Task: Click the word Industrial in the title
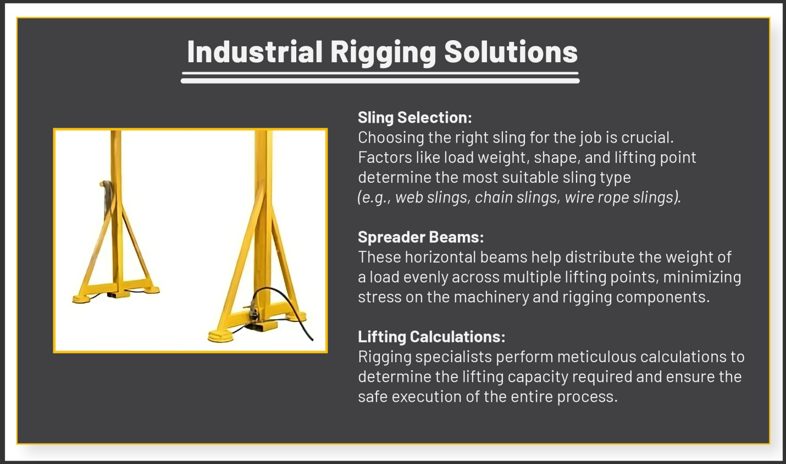pyautogui.click(x=254, y=52)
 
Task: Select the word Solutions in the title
pyautogui.click(x=511, y=52)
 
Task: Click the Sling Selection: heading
pyautogui.click(x=414, y=118)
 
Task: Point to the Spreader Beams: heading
pyautogui.click(x=420, y=237)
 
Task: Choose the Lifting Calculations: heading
pyautogui.click(x=431, y=337)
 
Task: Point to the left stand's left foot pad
pyautogui.click(x=83, y=299)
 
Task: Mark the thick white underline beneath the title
pyautogui.click(x=380, y=81)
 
